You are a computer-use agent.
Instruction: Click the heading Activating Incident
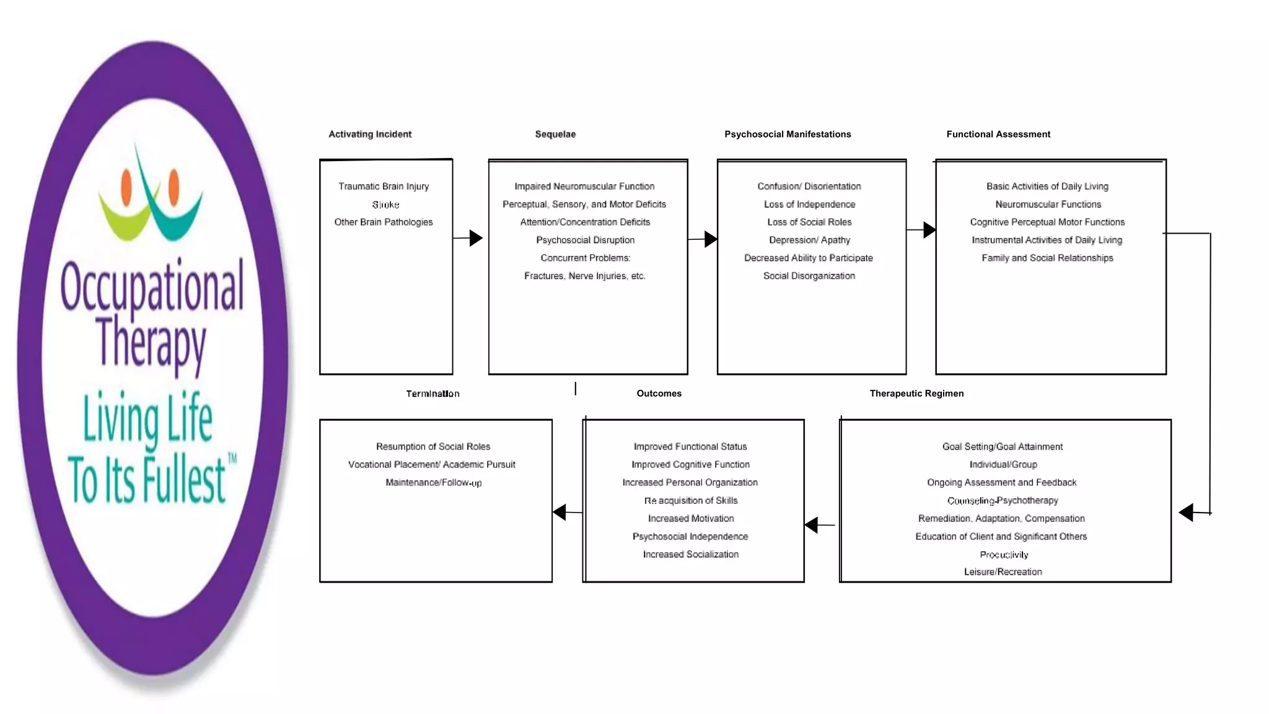pyautogui.click(x=370, y=134)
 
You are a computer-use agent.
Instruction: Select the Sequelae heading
pyautogui.click(x=555, y=134)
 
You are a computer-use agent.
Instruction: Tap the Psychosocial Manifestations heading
pyautogui.click(x=788, y=134)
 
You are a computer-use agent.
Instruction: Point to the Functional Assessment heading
pyautogui.click(x=998, y=134)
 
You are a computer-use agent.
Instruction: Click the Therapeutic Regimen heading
pyautogui.click(x=916, y=393)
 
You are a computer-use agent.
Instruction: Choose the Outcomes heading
pyautogui.click(x=659, y=393)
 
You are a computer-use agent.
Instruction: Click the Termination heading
pyautogui.click(x=433, y=394)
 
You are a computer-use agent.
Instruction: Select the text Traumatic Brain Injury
pyautogui.click(x=384, y=186)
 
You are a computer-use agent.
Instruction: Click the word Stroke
pyautogui.click(x=385, y=205)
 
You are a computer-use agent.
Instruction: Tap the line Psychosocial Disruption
pyautogui.click(x=585, y=240)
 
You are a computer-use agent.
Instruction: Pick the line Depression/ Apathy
pyautogui.click(x=809, y=240)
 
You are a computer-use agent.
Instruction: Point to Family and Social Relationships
pyautogui.click(x=1047, y=258)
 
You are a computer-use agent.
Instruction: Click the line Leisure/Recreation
pyautogui.click(x=1003, y=571)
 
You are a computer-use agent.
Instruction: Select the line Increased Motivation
pyautogui.click(x=691, y=518)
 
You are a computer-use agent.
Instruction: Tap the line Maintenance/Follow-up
pyautogui.click(x=433, y=482)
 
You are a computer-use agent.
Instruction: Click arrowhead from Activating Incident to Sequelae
pyautogui.click(x=476, y=238)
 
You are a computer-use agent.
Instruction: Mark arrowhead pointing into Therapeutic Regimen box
pyautogui.click(x=1186, y=513)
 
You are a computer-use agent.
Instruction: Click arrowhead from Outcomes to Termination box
pyautogui.click(x=560, y=512)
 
